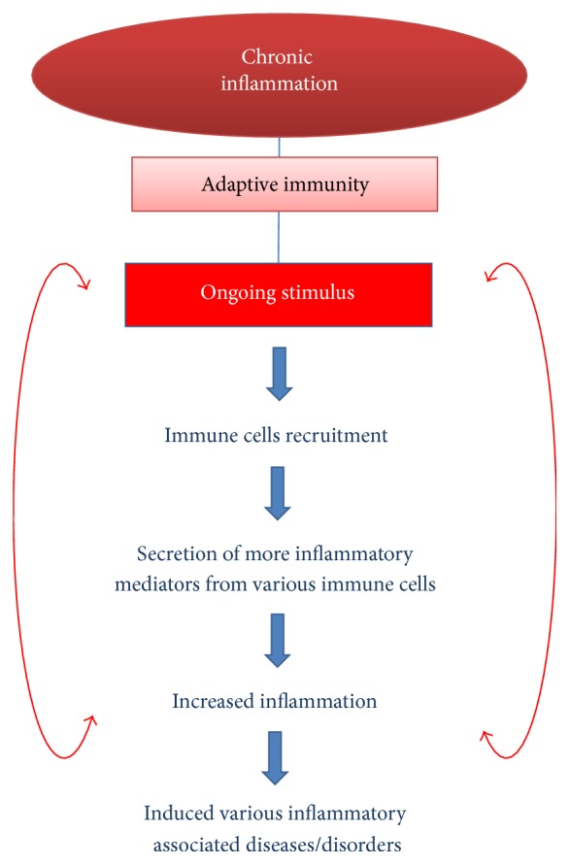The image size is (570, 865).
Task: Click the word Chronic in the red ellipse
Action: [x=277, y=57]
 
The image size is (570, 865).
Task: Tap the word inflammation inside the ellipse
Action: [x=280, y=83]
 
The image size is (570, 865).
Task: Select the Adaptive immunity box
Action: [x=285, y=184]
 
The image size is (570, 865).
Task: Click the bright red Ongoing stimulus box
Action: [x=278, y=294]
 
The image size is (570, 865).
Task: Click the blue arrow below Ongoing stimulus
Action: [x=280, y=374]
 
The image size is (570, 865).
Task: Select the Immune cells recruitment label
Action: [x=276, y=435]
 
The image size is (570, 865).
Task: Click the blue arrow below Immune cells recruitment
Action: [x=278, y=493]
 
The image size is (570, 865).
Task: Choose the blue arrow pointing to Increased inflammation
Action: [x=278, y=641]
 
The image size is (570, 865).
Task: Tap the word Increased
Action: [x=213, y=701]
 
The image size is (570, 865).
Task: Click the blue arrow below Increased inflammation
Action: [x=275, y=758]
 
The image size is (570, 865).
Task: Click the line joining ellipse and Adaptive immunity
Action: [x=280, y=148]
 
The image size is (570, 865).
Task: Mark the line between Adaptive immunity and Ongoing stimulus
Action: [x=279, y=237]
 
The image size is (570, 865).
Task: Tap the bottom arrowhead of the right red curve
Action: [x=486, y=738]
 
